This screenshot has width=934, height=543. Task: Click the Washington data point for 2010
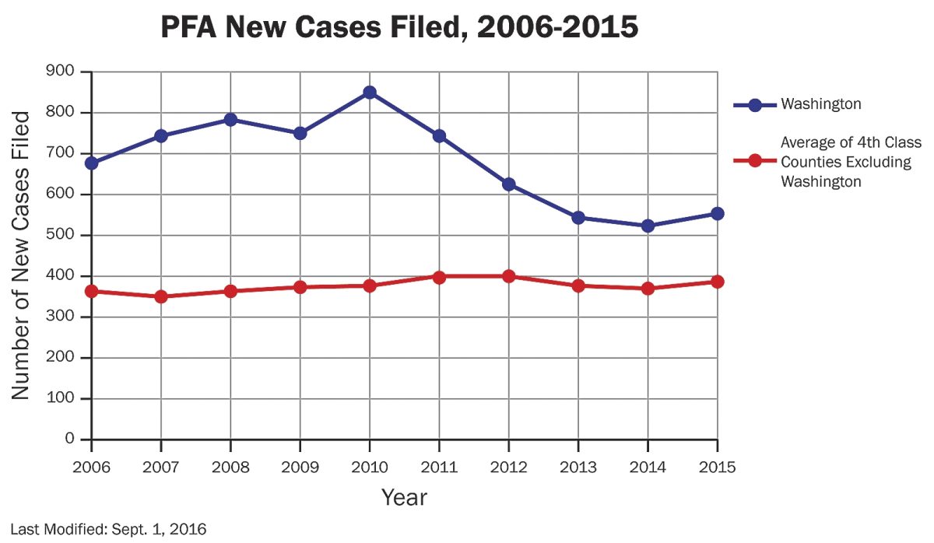(370, 93)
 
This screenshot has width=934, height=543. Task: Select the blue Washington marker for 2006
(92, 163)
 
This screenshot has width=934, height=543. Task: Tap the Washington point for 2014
(648, 226)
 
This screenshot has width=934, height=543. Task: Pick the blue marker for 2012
(509, 184)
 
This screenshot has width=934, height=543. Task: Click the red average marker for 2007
(161, 296)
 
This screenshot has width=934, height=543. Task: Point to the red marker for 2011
(439, 276)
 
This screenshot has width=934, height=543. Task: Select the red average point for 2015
(717, 282)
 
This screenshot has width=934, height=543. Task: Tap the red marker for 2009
(300, 287)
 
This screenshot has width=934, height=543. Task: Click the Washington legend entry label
(820, 104)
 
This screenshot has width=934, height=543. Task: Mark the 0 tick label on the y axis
(70, 440)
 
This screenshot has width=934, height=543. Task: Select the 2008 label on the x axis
(230, 467)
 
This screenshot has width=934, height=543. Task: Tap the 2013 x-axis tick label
(578, 467)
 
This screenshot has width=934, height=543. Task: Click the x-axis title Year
(404, 497)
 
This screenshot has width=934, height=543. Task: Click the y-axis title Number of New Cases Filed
(22, 255)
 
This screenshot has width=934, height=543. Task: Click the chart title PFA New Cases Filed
(399, 29)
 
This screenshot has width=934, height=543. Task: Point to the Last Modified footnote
(108, 530)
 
